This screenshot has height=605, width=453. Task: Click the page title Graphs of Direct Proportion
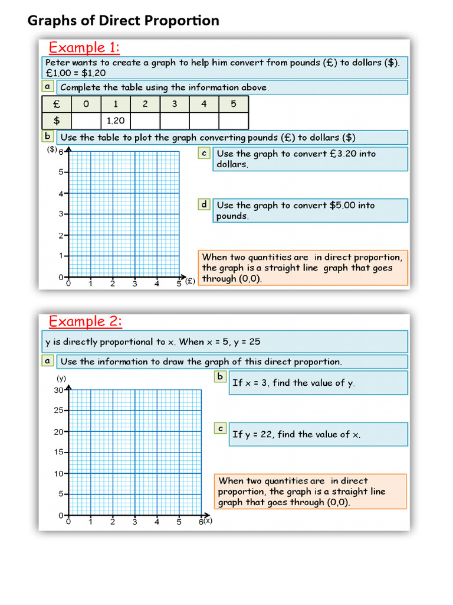(x=123, y=21)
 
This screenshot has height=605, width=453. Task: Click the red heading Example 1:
(x=84, y=47)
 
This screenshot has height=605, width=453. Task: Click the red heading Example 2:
(x=85, y=321)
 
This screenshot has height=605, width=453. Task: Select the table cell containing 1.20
(x=115, y=121)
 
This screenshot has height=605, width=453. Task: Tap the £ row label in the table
(x=56, y=104)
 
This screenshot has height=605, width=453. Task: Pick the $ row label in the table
(x=56, y=121)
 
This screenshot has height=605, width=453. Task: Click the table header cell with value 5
(x=233, y=104)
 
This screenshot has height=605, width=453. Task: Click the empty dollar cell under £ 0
(x=86, y=121)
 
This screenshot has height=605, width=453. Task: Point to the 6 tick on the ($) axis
(x=60, y=152)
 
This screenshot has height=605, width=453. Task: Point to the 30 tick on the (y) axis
(x=58, y=390)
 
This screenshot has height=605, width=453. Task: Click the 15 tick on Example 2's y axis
(x=58, y=453)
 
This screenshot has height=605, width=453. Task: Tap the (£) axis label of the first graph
(x=189, y=282)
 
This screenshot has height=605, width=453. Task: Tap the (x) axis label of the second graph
(x=208, y=521)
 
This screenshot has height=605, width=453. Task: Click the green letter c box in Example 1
(x=204, y=153)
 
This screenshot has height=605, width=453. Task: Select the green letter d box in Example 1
(x=204, y=204)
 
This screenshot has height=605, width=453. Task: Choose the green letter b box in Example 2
(x=220, y=376)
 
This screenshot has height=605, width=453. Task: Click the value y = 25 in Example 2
(x=241, y=341)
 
